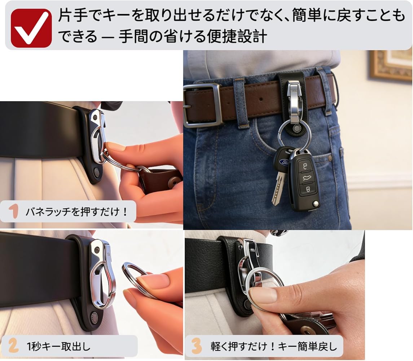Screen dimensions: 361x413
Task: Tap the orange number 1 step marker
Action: pos(13,212)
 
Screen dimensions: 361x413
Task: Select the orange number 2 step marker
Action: pos(13,346)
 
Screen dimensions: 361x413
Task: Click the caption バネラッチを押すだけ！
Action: pos(76,212)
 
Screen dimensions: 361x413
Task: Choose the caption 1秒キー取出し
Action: pos(58,346)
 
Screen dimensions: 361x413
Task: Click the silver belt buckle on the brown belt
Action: pos(202,105)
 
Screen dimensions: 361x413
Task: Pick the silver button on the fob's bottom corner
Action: pos(316,204)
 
